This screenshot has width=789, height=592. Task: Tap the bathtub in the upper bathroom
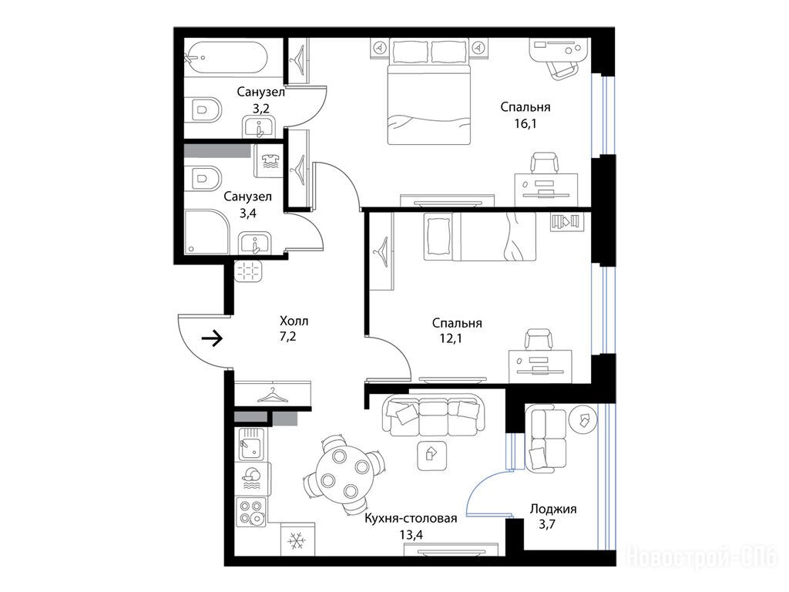227,58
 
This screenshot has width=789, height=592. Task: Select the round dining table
344,474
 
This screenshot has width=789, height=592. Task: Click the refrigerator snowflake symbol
297,542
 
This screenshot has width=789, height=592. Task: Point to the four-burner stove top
252,512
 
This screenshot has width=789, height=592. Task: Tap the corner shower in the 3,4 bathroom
207,232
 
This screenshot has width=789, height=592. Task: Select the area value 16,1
525,123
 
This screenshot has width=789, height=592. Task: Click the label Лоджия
553,509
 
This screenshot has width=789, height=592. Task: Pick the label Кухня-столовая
411,519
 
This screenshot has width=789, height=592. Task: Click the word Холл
294,321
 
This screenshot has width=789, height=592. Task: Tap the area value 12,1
451,338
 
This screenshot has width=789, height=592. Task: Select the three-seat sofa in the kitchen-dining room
433,414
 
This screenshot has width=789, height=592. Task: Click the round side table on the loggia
583,419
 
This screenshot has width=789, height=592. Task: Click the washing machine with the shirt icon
270,161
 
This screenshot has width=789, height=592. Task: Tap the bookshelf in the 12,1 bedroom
567,221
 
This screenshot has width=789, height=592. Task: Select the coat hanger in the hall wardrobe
272,395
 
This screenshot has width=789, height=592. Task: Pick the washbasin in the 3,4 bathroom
254,244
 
